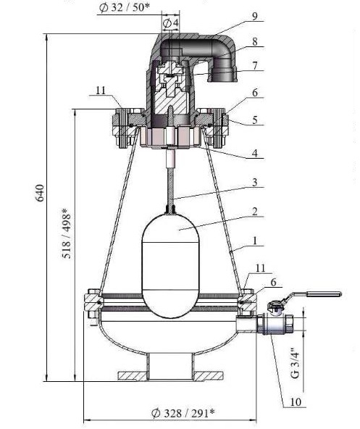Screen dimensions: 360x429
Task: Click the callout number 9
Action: point(255,16)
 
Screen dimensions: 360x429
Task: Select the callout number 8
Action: point(255,41)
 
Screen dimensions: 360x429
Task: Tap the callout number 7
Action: point(255,66)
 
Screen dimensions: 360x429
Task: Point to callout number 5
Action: point(255,120)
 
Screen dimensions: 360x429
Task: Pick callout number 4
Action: point(255,153)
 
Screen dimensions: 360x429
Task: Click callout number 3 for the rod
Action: point(255,182)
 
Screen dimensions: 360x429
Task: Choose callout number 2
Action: point(255,212)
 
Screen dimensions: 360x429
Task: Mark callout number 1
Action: point(255,241)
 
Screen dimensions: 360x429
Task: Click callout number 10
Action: point(295,402)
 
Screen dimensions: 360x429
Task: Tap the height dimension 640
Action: point(41,193)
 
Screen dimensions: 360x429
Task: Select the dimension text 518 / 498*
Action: point(67,233)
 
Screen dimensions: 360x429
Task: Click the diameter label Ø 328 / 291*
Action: point(183,413)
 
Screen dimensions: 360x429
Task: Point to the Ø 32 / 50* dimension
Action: point(125,7)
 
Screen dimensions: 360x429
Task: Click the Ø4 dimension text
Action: point(170,23)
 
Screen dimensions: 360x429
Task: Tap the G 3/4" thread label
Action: point(296,363)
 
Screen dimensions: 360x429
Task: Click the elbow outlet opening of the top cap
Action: point(222,75)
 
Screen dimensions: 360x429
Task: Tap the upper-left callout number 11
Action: point(101,91)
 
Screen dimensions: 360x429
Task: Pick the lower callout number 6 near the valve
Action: point(273,282)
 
